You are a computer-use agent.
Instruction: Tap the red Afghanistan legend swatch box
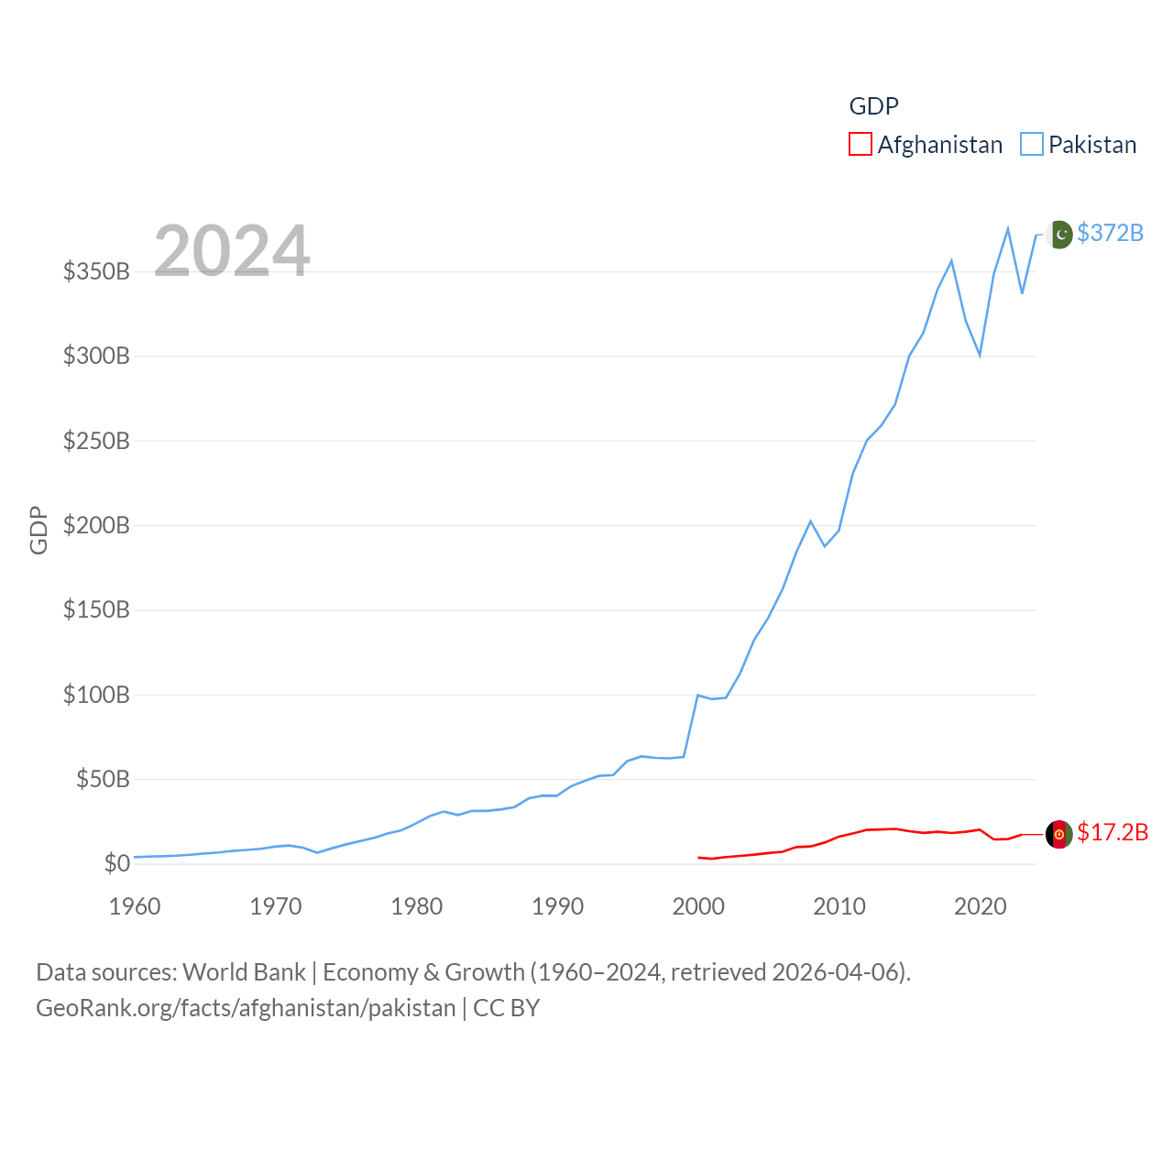tap(860, 145)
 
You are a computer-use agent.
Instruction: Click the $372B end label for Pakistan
tap(1110, 233)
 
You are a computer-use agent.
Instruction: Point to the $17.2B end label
tap(1112, 832)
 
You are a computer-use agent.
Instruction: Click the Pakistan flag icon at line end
tap(1059, 235)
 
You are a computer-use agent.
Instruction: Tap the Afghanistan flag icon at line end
tap(1059, 834)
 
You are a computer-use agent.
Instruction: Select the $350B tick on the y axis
tap(96, 271)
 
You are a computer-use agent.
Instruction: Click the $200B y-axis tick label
tap(96, 525)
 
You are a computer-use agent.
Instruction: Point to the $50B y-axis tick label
tap(103, 779)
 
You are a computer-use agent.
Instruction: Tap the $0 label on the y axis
tap(116, 863)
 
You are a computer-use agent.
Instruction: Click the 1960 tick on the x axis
tap(135, 906)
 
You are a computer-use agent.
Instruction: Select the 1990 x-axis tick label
tap(557, 906)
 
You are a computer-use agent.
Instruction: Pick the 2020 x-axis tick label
tap(981, 906)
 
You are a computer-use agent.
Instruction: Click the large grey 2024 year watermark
tap(232, 250)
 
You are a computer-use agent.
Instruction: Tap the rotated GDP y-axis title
tap(38, 530)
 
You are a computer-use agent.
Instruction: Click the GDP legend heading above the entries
tap(873, 106)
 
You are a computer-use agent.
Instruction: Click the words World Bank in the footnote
tap(244, 971)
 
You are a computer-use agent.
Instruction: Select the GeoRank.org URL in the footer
tap(246, 1008)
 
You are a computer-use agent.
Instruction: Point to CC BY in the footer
tap(506, 1008)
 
